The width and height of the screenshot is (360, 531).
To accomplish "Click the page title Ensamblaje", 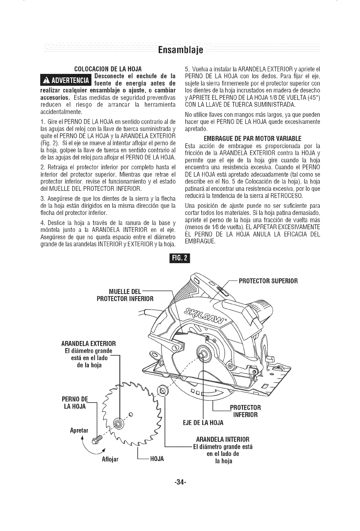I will (x=180, y=50).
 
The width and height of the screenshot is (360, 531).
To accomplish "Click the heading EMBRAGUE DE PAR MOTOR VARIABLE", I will (x=252, y=138).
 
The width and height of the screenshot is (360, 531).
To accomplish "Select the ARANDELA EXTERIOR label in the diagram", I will (x=88, y=342).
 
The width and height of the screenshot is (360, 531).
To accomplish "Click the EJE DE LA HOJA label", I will (x=203, y=423).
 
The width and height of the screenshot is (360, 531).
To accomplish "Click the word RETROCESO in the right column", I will (x=291, y=197).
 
